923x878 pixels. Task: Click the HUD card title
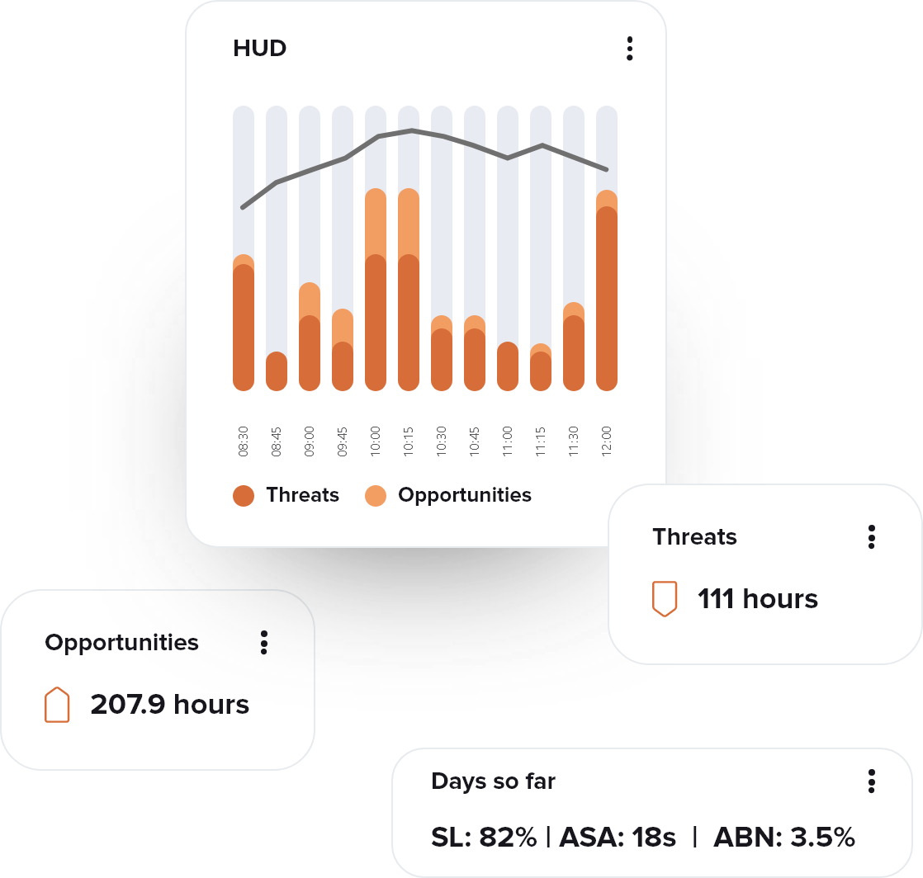[x=259, y=49]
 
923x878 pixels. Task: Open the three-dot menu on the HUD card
[x=630, y=49]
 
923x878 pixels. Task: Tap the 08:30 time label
[x=244, y=441]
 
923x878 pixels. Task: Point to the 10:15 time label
[x=409, y=441]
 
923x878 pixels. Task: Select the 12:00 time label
[x=607, y=441]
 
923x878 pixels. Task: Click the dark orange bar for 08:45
[x=277, y=371]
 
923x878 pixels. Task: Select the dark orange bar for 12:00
[x=607, y=297]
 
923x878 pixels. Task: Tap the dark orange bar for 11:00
[x=508, y=366]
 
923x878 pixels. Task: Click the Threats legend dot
[x=244, y=495]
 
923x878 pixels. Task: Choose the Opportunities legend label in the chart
[x=464, y=495]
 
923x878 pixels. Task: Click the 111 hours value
[x=758, y=599]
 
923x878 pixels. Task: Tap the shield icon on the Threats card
[x=665, y=598]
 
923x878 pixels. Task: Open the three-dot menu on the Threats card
[x=872, y=537]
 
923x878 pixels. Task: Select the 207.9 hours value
[x=169, y=705]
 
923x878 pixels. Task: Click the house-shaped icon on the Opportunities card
[x=57, y=705]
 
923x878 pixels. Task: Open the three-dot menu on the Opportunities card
[x=264, y=643]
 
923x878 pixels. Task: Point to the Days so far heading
[x=493, y=781]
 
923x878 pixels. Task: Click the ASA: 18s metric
[x=618, y=838]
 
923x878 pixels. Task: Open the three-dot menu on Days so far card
[x=872, y=781]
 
